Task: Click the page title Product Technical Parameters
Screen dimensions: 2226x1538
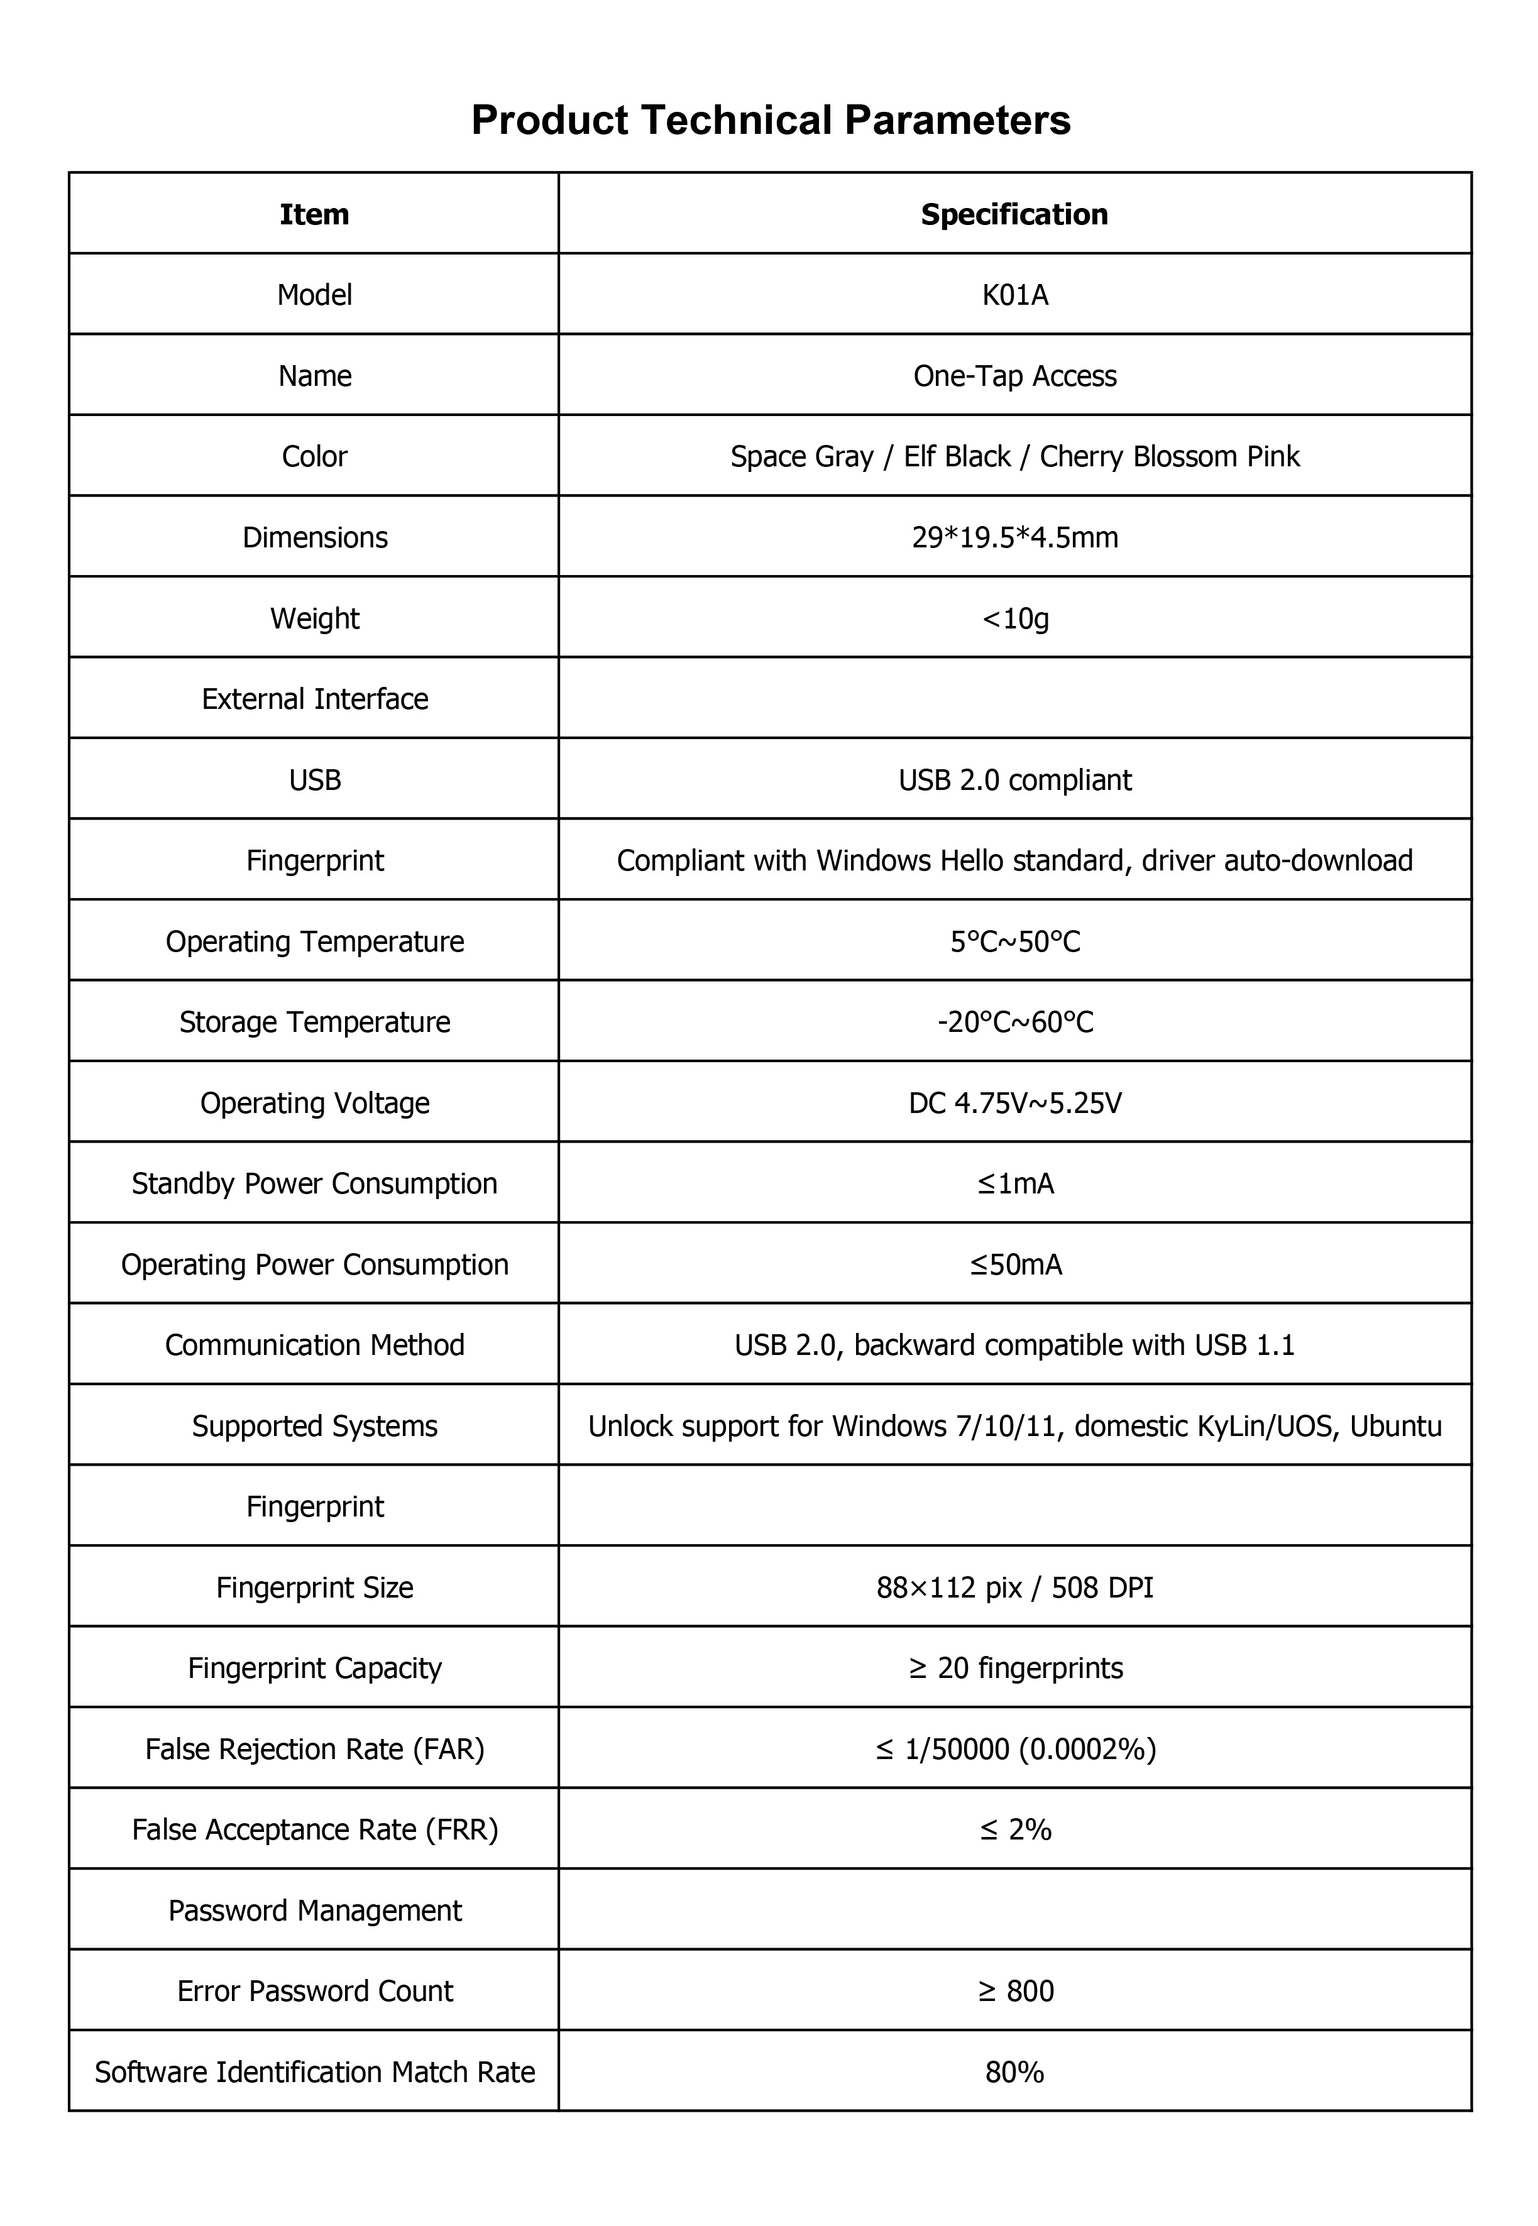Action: coord(770,121)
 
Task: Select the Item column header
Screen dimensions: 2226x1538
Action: coord(314,214)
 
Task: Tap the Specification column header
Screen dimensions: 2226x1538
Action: coord(1014,214)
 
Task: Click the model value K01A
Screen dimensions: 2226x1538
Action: coord(1014,295)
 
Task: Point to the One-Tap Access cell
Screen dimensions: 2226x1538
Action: coord(1014,376)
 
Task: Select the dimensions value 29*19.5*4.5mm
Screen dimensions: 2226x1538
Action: coord(1014,538)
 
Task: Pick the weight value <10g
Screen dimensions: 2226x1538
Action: coord(1014,618)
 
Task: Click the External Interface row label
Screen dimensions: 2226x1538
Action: coord(314,699)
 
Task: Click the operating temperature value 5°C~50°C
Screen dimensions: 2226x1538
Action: coord(1014,941)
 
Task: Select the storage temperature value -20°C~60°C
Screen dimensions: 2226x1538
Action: coord(1014,1023)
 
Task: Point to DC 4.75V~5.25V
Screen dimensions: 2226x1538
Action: coord(1014,1104)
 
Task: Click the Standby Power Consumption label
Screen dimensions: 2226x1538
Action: coord(314,1184)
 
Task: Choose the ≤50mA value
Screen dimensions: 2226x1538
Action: coord(1014,1265)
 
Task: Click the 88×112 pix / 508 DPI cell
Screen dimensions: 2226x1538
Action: coord(1014,1588)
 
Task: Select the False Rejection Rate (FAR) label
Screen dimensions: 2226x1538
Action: coord(314,1749)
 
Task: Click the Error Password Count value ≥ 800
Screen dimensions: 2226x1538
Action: coord(1014,1992)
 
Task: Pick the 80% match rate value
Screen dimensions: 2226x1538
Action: coord(1014,2073)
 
